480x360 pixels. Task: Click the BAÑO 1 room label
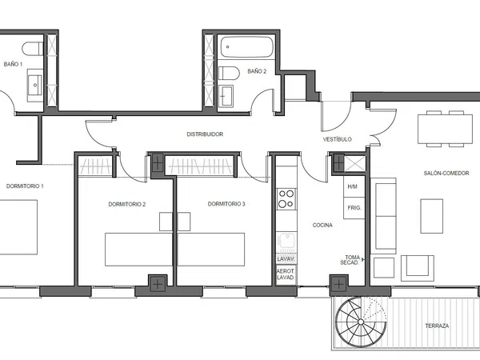13,64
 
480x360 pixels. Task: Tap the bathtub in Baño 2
246,47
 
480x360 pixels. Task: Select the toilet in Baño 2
229,74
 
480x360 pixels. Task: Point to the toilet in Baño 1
33,49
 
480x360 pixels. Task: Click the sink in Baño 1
35,85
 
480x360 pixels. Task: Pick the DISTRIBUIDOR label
205,134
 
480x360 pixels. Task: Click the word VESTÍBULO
338,139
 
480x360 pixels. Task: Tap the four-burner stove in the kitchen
286,199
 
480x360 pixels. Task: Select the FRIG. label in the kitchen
354,208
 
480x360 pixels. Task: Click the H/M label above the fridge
352,186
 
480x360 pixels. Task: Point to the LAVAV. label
286,259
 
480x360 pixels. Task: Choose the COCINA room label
322,225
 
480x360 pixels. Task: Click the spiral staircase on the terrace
361,322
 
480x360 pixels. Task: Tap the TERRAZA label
437,326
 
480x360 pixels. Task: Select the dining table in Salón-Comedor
445,129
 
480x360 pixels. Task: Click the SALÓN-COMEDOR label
446,174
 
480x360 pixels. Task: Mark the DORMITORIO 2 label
126,204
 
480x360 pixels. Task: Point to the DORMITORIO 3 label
226,204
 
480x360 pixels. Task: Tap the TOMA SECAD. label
350,260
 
